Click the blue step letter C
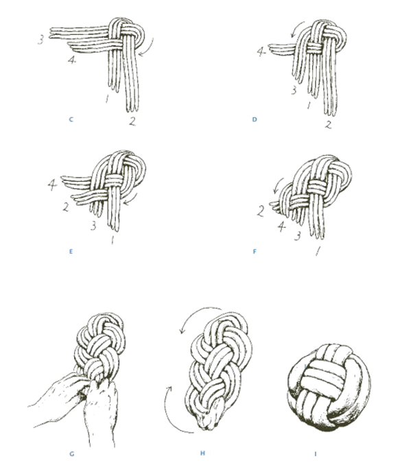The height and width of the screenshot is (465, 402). [x=71, y=119]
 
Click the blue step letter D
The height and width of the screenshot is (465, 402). [x=255, y=119]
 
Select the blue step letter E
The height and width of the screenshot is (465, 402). [x=71, y=252]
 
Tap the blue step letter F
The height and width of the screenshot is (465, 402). [x=255, y=252]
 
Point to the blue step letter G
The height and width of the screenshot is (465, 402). [x=71, y=454]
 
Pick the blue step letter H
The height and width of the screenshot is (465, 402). [x=202, y=453]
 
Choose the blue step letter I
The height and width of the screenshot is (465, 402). [x=316, y=454]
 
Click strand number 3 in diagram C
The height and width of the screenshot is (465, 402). [x=41, y=40]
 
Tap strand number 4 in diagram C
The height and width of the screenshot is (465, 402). [x=72, y=60]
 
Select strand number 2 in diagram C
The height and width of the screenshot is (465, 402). [x=132, y=121]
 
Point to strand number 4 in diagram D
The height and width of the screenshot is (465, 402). [x=261, y=52]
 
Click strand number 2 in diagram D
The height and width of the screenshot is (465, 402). [x=328, y=125]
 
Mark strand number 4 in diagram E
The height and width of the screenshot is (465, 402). [x=52, y=185]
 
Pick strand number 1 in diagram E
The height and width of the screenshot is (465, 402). [x=112, y=239]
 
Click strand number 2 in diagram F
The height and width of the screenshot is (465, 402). [x=261, y=211]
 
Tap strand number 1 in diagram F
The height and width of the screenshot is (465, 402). [x=318, y=252]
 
